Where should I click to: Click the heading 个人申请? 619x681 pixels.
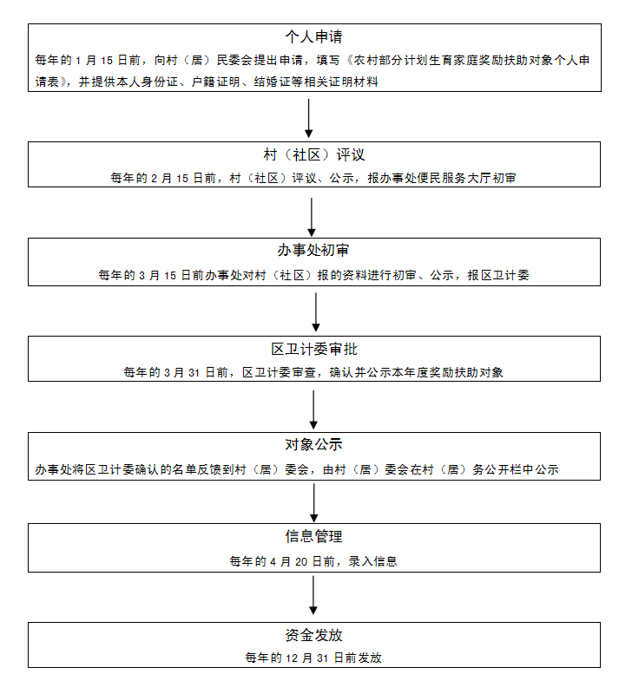coord(313,36)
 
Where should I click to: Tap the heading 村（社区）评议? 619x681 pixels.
coord(314,154)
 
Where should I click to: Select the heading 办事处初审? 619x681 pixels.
coord(313,250)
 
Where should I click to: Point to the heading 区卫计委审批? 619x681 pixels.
coord(314,350)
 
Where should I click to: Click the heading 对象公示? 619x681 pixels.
coord(313,444)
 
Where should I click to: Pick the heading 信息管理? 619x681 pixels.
coord(313,536)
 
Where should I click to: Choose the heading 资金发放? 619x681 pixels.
coord(313,635)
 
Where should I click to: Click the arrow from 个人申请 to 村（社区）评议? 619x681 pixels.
coord(308,118)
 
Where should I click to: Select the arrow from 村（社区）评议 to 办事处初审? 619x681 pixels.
coord(312,217)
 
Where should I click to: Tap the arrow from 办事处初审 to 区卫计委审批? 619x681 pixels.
coord(316,312)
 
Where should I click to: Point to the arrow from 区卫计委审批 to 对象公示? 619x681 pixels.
coord(313,409)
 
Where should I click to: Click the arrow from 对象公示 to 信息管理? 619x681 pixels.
coord(314,503)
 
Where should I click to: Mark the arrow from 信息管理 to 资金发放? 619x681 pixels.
coord(313,595)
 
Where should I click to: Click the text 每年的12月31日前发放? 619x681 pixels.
coord(313,658)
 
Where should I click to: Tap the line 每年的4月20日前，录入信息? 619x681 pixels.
coord(313,561)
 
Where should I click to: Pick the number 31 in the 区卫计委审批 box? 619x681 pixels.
coord(194,373)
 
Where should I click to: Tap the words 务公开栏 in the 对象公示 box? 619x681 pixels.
coord(497,469)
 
